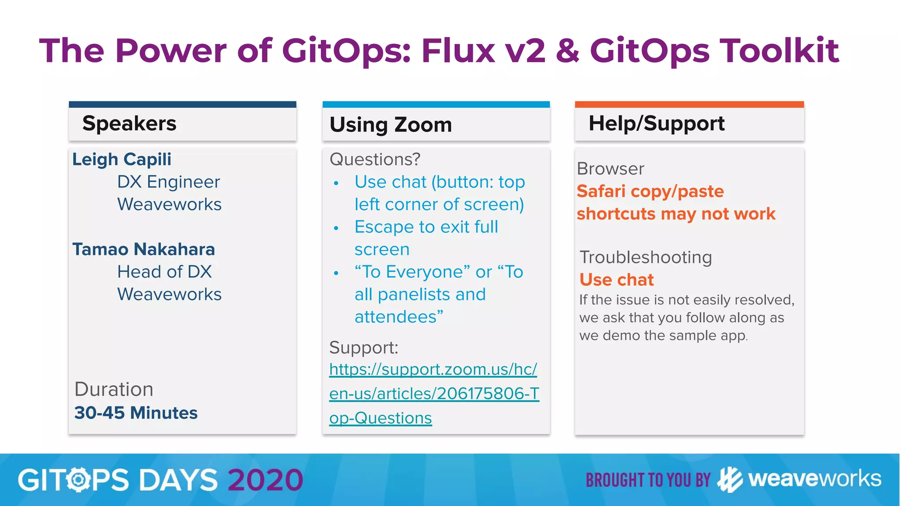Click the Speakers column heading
point(129,123)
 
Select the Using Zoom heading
point(391,125)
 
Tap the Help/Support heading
point(657,123)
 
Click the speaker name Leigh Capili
point(122,159)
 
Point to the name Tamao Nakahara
point(144,249)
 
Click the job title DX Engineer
point(168,182)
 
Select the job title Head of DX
point(164,272)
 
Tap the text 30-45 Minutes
point(136,413)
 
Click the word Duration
point(114,390)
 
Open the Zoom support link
point(433,393)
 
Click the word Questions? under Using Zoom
point(375,159)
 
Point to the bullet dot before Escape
point(336,228)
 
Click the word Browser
point(610,169)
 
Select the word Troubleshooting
point(646,257)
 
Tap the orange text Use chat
point(617,280)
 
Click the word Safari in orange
point(601,192)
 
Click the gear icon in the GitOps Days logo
point(79,480)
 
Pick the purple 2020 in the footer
point(265,480)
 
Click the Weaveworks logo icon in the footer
point(729,480)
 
